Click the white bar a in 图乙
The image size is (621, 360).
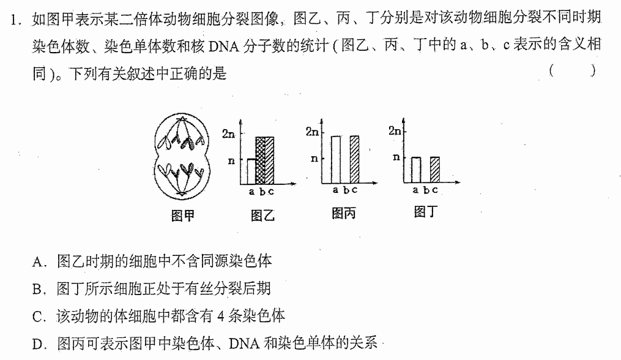tap(251, 171)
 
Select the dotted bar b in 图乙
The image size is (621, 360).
tap(260, 161)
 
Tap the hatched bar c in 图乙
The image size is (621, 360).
tap(269, 161)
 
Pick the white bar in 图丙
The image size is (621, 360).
tap(335, 160)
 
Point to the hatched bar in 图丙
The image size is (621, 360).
tap(354, 160)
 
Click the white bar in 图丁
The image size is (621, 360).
tap(416, 170)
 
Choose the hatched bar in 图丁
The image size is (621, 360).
tap(435, 170)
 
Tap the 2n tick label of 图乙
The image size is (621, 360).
tap(229, 134)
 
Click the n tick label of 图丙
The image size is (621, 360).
tap(314, 159)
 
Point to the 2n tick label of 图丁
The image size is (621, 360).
tap(395, 130)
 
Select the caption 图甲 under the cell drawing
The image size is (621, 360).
tap(182, 216)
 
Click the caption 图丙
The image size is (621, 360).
tap(344, 213)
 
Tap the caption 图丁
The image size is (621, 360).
tap(426, 211)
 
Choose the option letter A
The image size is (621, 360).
tap(37, 261)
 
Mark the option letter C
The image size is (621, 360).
tap(37, 317)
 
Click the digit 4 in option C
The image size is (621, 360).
tap(221, 316)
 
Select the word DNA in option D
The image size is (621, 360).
tap(244, 343)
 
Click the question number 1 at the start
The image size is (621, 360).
tap(15, 20)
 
